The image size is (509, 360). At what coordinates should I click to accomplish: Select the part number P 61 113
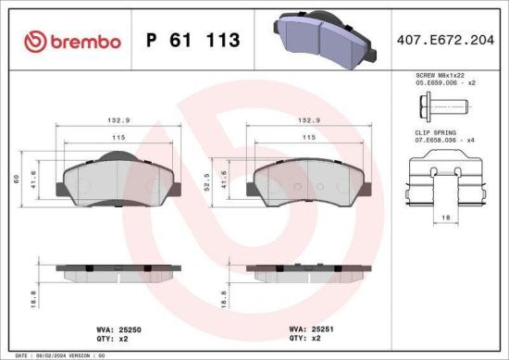[x=193, y=40]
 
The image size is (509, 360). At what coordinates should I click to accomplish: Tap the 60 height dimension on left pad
[x=16, y=180]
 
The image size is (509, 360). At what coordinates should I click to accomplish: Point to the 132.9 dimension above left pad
[x=117, y=119]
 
